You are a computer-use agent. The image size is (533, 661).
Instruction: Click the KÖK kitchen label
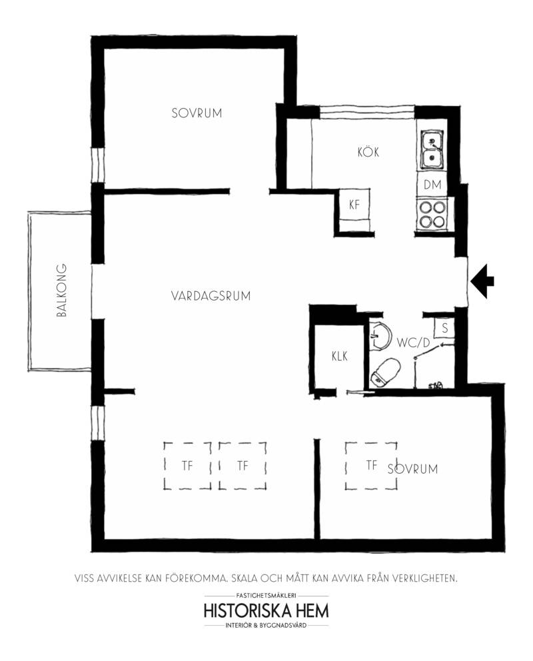coord(368,151)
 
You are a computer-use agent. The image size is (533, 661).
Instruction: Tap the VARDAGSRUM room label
coord(211,296)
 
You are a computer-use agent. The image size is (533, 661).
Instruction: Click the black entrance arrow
coord(482,281)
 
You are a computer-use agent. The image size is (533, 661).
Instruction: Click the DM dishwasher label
coord(432,185)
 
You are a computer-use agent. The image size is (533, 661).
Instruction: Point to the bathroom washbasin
coord(380,336)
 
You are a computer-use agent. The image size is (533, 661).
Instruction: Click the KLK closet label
coord(340,356)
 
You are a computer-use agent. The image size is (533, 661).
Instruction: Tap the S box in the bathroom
coord(444,329)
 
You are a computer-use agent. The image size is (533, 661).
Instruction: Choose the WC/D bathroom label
coord(413,342)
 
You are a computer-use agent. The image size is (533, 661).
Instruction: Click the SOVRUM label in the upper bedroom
coord(197,113)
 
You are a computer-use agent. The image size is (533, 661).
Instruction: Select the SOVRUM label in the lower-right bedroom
coord(413,469)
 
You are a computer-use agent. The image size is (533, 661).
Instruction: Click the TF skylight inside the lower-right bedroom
coord(371,465)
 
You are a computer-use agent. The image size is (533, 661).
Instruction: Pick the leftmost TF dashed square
coord(187,465)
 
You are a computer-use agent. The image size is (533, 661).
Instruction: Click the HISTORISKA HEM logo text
coord(266,611)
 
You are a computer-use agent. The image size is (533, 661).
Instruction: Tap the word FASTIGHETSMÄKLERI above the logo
coord(266,596)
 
